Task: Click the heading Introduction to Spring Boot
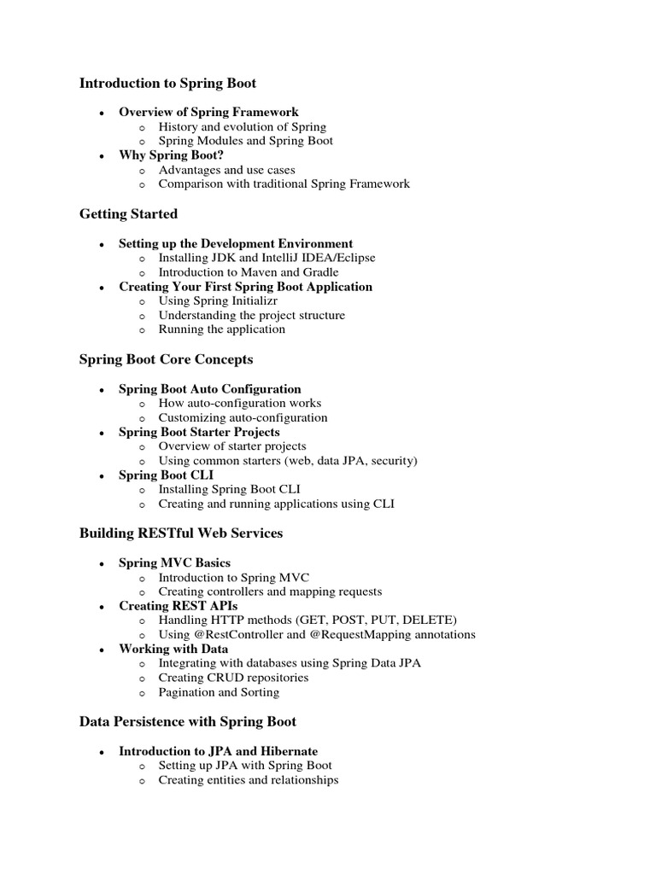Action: pos(167,83)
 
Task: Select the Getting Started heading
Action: pos(128,213)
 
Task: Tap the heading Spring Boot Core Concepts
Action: pos(166,359)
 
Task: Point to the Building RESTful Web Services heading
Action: pos(180,533)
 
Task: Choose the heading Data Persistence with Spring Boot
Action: pos(187,722)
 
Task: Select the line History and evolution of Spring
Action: pos(242,126)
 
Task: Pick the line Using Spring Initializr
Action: pos(217,300)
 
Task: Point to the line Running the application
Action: pos(221,329)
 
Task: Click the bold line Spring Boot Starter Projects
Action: pos(199,432)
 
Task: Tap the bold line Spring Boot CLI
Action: pos(166,475)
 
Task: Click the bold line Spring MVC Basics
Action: pos(174,562)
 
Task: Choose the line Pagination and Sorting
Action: pos(219,692)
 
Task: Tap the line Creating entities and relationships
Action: pos(248,780)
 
